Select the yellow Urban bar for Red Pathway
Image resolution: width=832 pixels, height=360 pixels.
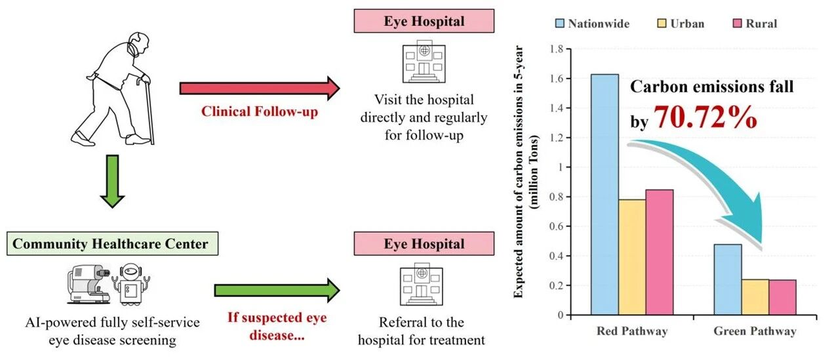632,256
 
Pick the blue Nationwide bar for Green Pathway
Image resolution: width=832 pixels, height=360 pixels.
727,279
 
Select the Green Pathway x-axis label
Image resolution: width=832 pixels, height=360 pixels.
755,331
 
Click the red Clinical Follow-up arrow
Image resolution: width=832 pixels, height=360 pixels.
259,89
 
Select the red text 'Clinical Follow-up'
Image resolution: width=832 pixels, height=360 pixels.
259,112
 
